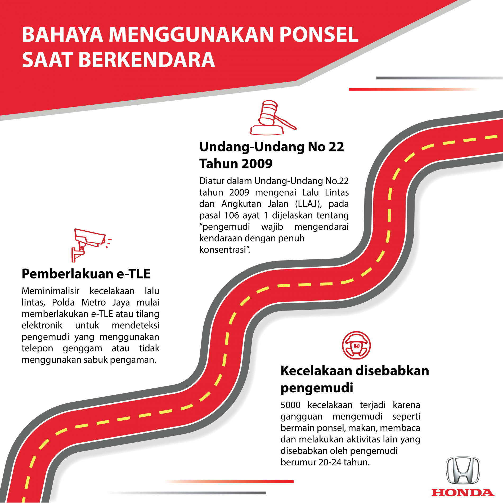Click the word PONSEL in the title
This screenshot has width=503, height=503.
coord(319,35)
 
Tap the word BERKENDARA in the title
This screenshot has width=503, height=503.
coord(146,60)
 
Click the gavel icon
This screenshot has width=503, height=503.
coord(273,118)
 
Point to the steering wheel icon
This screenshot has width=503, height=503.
coord(356,345)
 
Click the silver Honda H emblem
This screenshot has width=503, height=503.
coord(463,470)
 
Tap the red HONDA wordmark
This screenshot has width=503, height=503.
coord(463,493)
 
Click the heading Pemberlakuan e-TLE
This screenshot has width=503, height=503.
coord(86,274)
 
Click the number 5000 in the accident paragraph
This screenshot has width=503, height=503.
coord(290,405)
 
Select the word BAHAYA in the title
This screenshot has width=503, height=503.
coord(62,35)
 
